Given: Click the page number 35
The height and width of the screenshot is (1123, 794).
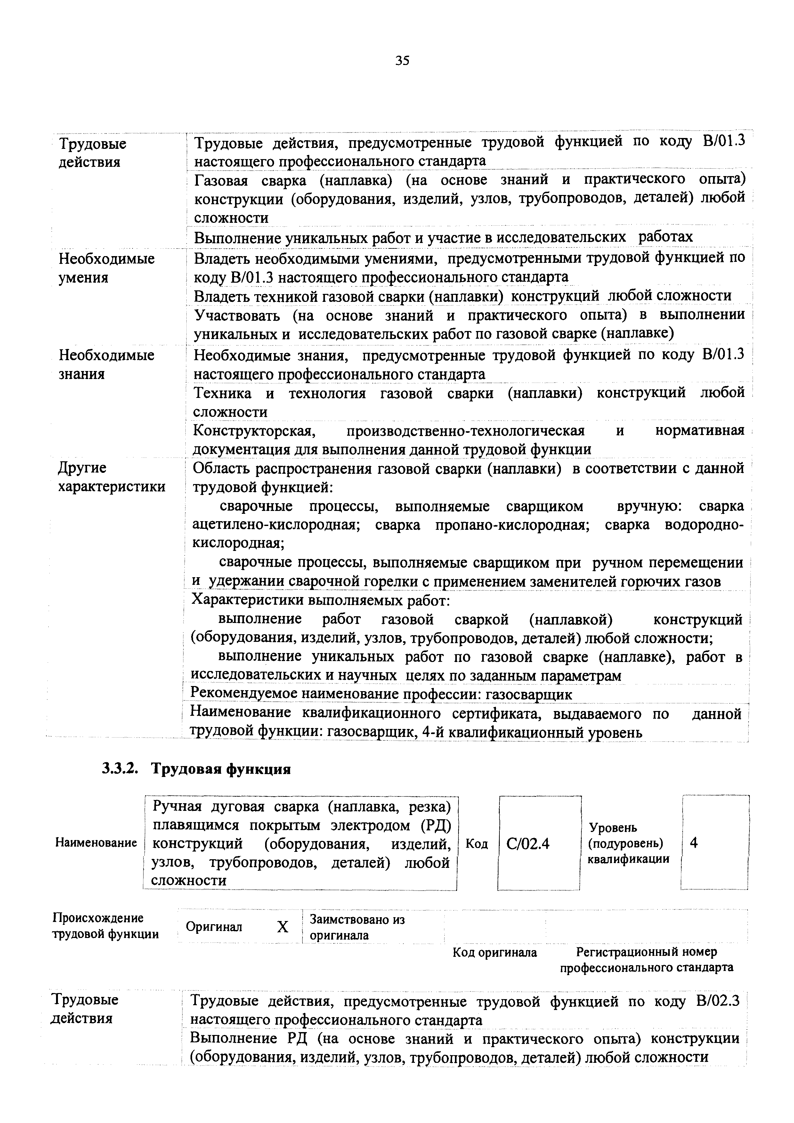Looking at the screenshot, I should [x=402, y=61].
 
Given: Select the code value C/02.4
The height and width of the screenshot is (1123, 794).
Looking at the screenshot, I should [x=528, y=844].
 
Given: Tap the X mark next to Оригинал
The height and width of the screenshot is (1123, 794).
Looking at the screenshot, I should [x=283, y=927].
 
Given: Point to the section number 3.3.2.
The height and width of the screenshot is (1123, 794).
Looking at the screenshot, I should [x=118, y=769].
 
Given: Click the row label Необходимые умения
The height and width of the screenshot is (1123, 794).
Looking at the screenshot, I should [x=107, y=268].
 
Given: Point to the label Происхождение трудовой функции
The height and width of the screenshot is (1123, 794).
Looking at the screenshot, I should [x=105, y=926].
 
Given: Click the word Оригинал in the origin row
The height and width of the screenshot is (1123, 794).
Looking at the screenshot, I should [x=214, y=927].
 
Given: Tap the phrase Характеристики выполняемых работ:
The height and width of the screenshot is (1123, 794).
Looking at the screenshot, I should [x=320, y=600].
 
